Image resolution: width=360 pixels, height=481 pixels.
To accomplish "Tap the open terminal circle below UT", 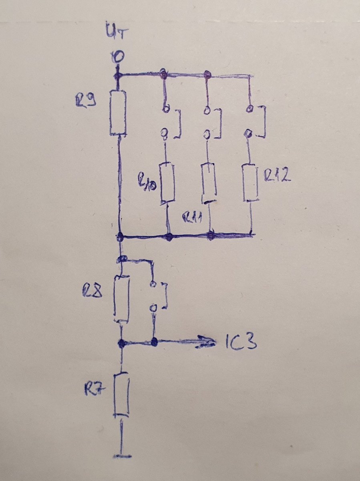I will pos(117,58).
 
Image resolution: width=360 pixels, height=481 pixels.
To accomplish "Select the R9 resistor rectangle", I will pos(118,113).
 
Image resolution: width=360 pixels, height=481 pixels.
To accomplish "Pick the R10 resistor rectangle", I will pos(167,183).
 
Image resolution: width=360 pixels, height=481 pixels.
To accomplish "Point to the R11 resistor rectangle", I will pos(209,184).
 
